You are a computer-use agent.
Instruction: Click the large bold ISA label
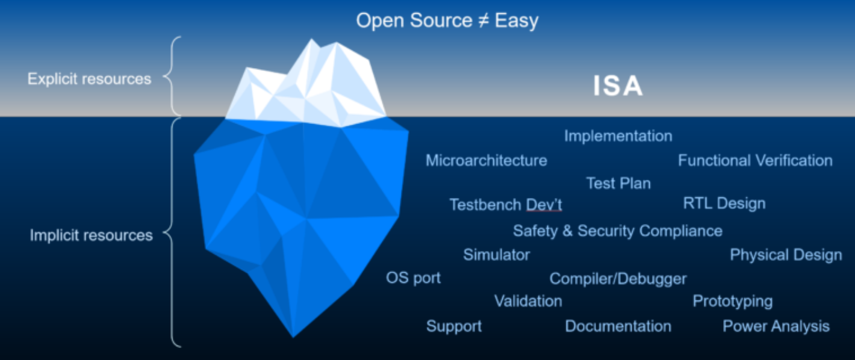pos(618,85)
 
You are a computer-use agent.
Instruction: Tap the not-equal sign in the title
pos(483,20)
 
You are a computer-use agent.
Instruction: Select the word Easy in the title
pos(517,20)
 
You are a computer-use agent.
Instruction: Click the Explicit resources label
pos(89,79)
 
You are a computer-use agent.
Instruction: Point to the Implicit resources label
pos(92,235)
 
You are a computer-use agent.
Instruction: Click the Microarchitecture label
pos(487,160)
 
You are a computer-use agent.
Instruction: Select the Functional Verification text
pos(755,160)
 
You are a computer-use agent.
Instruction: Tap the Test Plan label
pos(618,183)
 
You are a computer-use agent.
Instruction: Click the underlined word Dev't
pos(544,205)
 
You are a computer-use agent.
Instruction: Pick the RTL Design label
pos(724,203)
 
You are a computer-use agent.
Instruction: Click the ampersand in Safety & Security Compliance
pos(567,231)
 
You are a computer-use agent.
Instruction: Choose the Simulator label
pos(496,255)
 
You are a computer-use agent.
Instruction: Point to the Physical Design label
pos(786,255)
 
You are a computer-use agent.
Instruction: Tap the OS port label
pos(413,278)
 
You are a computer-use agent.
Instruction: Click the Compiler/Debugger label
pos(618,279)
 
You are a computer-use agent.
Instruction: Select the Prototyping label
pos(733,301)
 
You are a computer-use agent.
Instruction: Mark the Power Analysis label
pos(776,326)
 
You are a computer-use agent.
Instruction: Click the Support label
pos(454,326)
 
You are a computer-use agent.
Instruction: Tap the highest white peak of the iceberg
pos(311,39)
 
